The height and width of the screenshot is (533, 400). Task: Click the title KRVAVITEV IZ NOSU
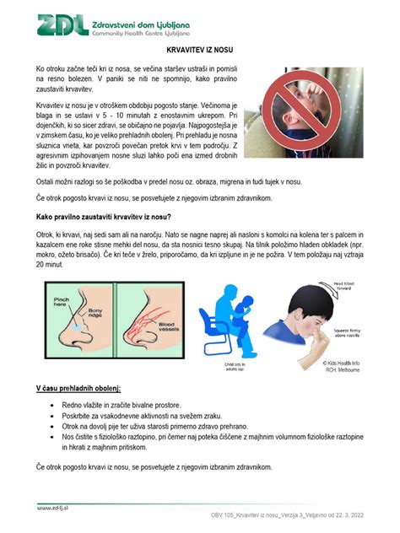coord(199,51)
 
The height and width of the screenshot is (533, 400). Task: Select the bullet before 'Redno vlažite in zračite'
coord(53,406)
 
